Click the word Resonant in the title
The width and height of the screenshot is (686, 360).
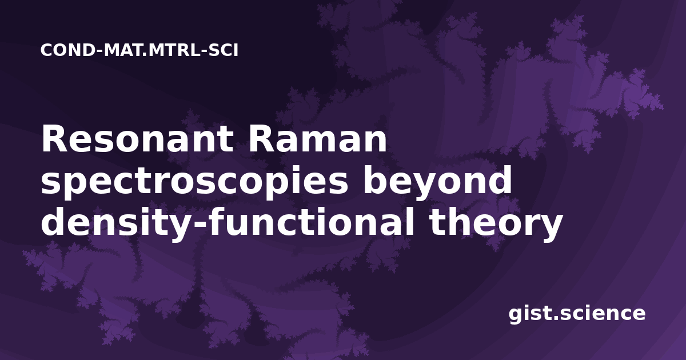tap(137, 139)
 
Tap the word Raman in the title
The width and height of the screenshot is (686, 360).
tap(318, 139)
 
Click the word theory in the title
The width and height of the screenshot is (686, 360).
tap(496, 223)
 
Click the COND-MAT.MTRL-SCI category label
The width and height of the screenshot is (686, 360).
tap(139, 50)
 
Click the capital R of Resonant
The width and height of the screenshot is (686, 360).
tap(53, 139)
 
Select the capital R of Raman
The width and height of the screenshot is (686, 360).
tap(261, 139)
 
